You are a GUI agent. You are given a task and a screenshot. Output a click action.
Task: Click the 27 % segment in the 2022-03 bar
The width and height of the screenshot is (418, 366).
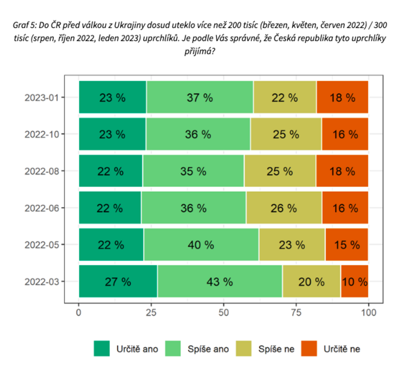[x=118, y=281]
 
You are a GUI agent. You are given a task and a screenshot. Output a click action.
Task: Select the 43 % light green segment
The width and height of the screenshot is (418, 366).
[x=220, y=281]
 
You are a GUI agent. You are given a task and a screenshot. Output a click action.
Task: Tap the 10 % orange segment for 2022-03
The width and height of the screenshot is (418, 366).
[x=354, y=281]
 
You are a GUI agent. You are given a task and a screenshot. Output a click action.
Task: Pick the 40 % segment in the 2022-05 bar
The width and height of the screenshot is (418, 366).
[x=201, y=244]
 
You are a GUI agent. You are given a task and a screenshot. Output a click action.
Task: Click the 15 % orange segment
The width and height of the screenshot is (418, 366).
[x=347, y=244]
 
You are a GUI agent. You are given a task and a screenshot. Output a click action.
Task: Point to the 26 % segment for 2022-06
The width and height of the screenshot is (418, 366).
[x=284, y=208]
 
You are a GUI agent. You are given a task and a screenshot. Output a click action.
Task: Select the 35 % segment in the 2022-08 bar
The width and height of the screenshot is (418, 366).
[x=193, y=171]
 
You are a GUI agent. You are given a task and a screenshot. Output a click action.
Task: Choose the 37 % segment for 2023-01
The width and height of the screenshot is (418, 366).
[x=200, y=97]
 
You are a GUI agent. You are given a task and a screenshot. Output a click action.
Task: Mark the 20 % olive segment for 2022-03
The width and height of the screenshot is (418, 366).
[x=311, y=281]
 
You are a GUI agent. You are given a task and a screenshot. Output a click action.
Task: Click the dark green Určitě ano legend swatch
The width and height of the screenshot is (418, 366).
[x=102, y=348]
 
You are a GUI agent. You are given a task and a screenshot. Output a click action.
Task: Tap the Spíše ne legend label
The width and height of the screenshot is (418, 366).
[x=277, y=349]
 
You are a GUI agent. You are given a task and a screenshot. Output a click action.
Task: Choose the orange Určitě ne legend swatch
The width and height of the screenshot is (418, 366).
[x=309, y=348]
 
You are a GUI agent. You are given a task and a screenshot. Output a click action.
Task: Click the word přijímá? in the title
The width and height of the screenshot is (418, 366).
[x=199, y=52]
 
